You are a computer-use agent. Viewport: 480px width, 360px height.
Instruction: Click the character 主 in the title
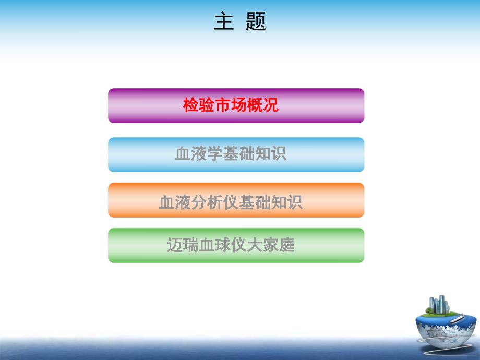tap(224, 22)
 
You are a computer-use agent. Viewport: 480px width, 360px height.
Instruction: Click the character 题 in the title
tap(256, 22)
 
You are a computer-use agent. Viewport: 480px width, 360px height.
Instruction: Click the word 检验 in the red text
tap(195, 106)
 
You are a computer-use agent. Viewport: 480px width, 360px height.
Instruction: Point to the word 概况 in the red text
tap(267, 106)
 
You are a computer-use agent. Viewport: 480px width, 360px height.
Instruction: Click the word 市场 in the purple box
tap(231, 106)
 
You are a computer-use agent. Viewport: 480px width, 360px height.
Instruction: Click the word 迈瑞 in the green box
tap(179, 245)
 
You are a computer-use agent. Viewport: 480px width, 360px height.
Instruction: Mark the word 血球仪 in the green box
tap(226, 245)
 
